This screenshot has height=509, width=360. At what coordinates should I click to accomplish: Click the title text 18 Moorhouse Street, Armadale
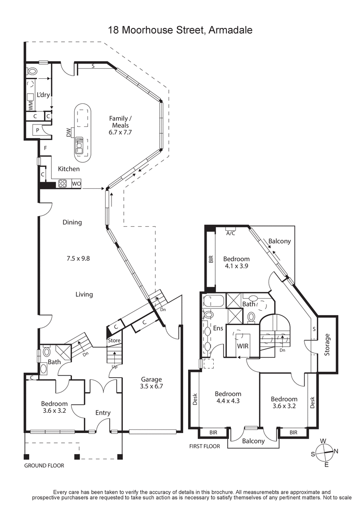[180, 30]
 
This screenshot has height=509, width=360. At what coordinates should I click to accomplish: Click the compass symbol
[325, 452]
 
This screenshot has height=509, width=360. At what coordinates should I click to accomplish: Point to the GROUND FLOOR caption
[44, 466]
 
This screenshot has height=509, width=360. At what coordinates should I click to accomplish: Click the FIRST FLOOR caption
[204, 446]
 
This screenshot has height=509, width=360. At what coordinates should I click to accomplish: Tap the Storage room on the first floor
[327, 345]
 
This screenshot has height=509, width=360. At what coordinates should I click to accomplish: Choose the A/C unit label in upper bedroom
[230, 233]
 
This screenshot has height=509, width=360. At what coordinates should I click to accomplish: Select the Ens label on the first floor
[218, 329]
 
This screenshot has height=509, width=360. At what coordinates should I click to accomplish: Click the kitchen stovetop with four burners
[63, 183]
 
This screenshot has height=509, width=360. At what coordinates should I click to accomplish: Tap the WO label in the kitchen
[76, 184]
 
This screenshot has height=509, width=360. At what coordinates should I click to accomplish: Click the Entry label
[103, 413]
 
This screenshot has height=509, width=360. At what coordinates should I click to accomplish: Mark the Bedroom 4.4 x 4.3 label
[228, 398]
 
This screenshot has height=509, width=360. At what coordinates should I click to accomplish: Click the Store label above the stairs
[114, 340]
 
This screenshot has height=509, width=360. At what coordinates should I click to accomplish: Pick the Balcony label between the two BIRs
[253, 441]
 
